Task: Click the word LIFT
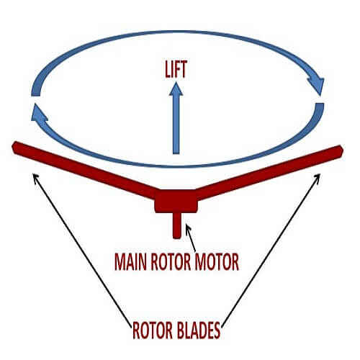tap(176, 69)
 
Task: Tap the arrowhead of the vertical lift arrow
tap(176, 89)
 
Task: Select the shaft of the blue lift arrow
tap(176, 125)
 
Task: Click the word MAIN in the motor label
tap(130, 262)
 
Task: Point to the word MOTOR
tap(217, 262)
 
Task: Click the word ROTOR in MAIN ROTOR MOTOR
tap(171, 262)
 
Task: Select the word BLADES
tap(199, 330)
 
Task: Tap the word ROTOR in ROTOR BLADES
tap(153, 330)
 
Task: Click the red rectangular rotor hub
tap(176, 201)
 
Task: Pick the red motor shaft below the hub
tap(176, 225)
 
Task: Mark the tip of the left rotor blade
tap(12, 147)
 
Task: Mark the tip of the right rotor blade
tap(343, 150)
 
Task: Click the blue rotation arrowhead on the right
tap(317, 85)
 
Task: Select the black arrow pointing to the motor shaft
tap(192, 238)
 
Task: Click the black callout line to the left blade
tap(82, 251)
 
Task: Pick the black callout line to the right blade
tap(271, 251)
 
